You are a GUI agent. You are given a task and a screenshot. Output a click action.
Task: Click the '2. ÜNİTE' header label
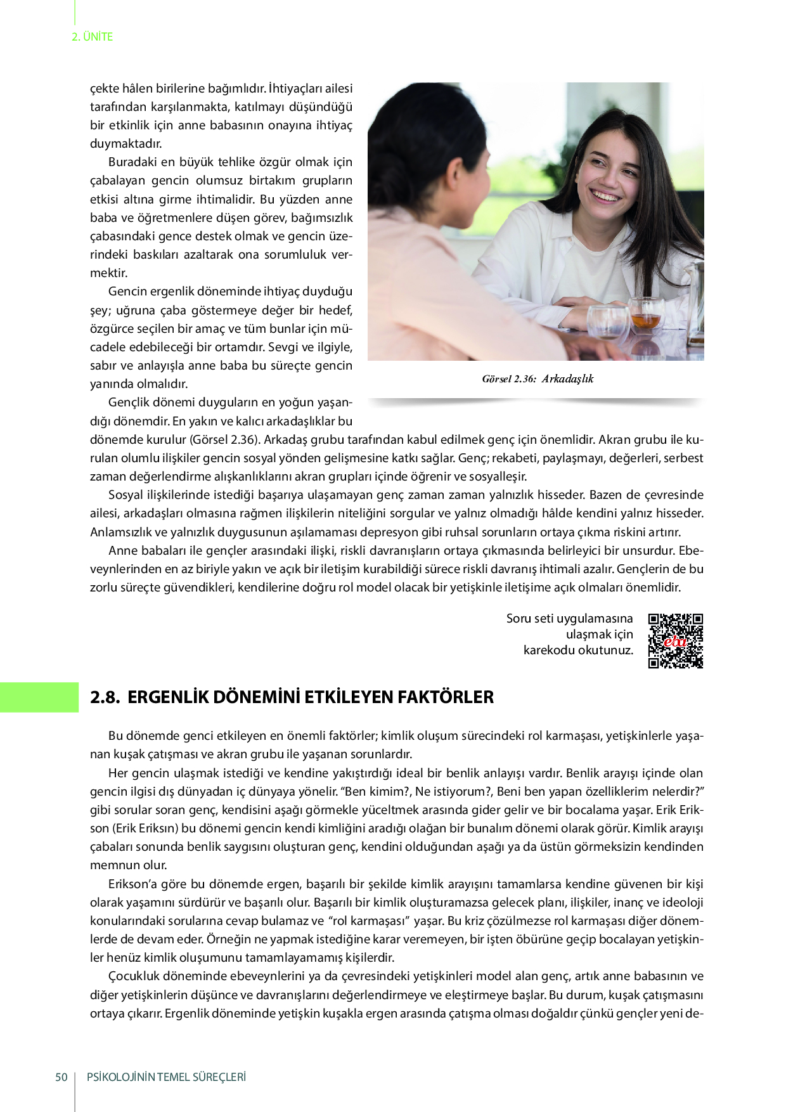92,37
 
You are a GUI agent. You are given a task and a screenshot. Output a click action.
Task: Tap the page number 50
61,1077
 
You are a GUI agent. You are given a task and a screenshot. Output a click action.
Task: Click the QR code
675,640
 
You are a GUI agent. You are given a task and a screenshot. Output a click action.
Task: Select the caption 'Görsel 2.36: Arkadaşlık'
538,379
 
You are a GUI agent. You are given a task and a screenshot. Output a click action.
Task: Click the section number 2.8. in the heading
105,697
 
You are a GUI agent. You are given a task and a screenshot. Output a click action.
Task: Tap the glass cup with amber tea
646,315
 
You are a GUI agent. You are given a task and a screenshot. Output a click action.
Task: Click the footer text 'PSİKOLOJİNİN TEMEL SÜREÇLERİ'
166,1077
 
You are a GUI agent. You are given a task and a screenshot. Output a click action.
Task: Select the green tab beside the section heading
39,697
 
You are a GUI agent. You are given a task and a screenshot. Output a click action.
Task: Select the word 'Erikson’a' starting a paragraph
134,884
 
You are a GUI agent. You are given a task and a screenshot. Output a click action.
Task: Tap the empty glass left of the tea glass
607,320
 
